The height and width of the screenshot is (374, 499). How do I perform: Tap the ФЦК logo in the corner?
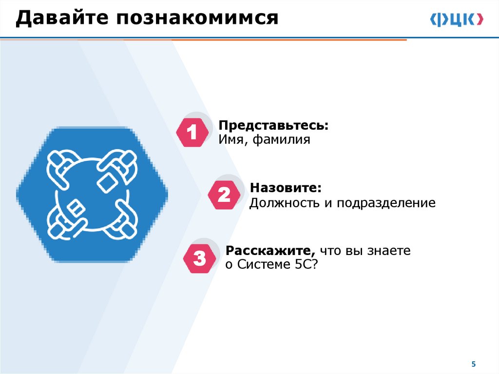click(x=457, y=19)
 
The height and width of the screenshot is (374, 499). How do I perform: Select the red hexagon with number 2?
click(x=224, y=195)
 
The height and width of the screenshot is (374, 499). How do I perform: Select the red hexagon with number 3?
click(x=199, y=258)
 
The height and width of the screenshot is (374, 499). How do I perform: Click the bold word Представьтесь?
click(x=273, y=126)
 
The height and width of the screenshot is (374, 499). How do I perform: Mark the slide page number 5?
click(x=473, y=364)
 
